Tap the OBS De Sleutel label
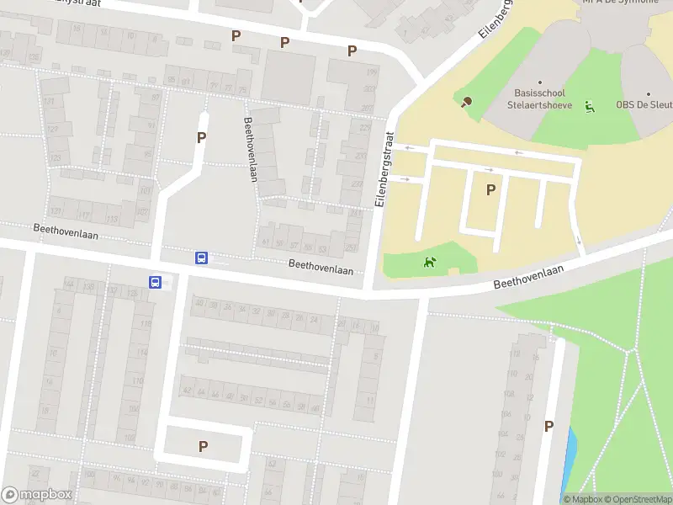[645, 105]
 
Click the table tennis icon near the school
[465, 103]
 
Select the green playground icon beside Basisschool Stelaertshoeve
[591, 106]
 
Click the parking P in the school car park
[490, 190]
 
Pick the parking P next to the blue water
[548, 427]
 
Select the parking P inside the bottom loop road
[203, 446]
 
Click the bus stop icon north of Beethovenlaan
[202, 258]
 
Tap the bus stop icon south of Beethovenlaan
[156, 283]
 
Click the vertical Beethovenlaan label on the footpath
[250, 149]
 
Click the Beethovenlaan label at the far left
[66, 231]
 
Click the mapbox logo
[37, 495]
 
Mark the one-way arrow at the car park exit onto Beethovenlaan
[580, 242]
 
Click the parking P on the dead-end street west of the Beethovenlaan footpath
[202, 137]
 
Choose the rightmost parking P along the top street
[352, 50]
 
